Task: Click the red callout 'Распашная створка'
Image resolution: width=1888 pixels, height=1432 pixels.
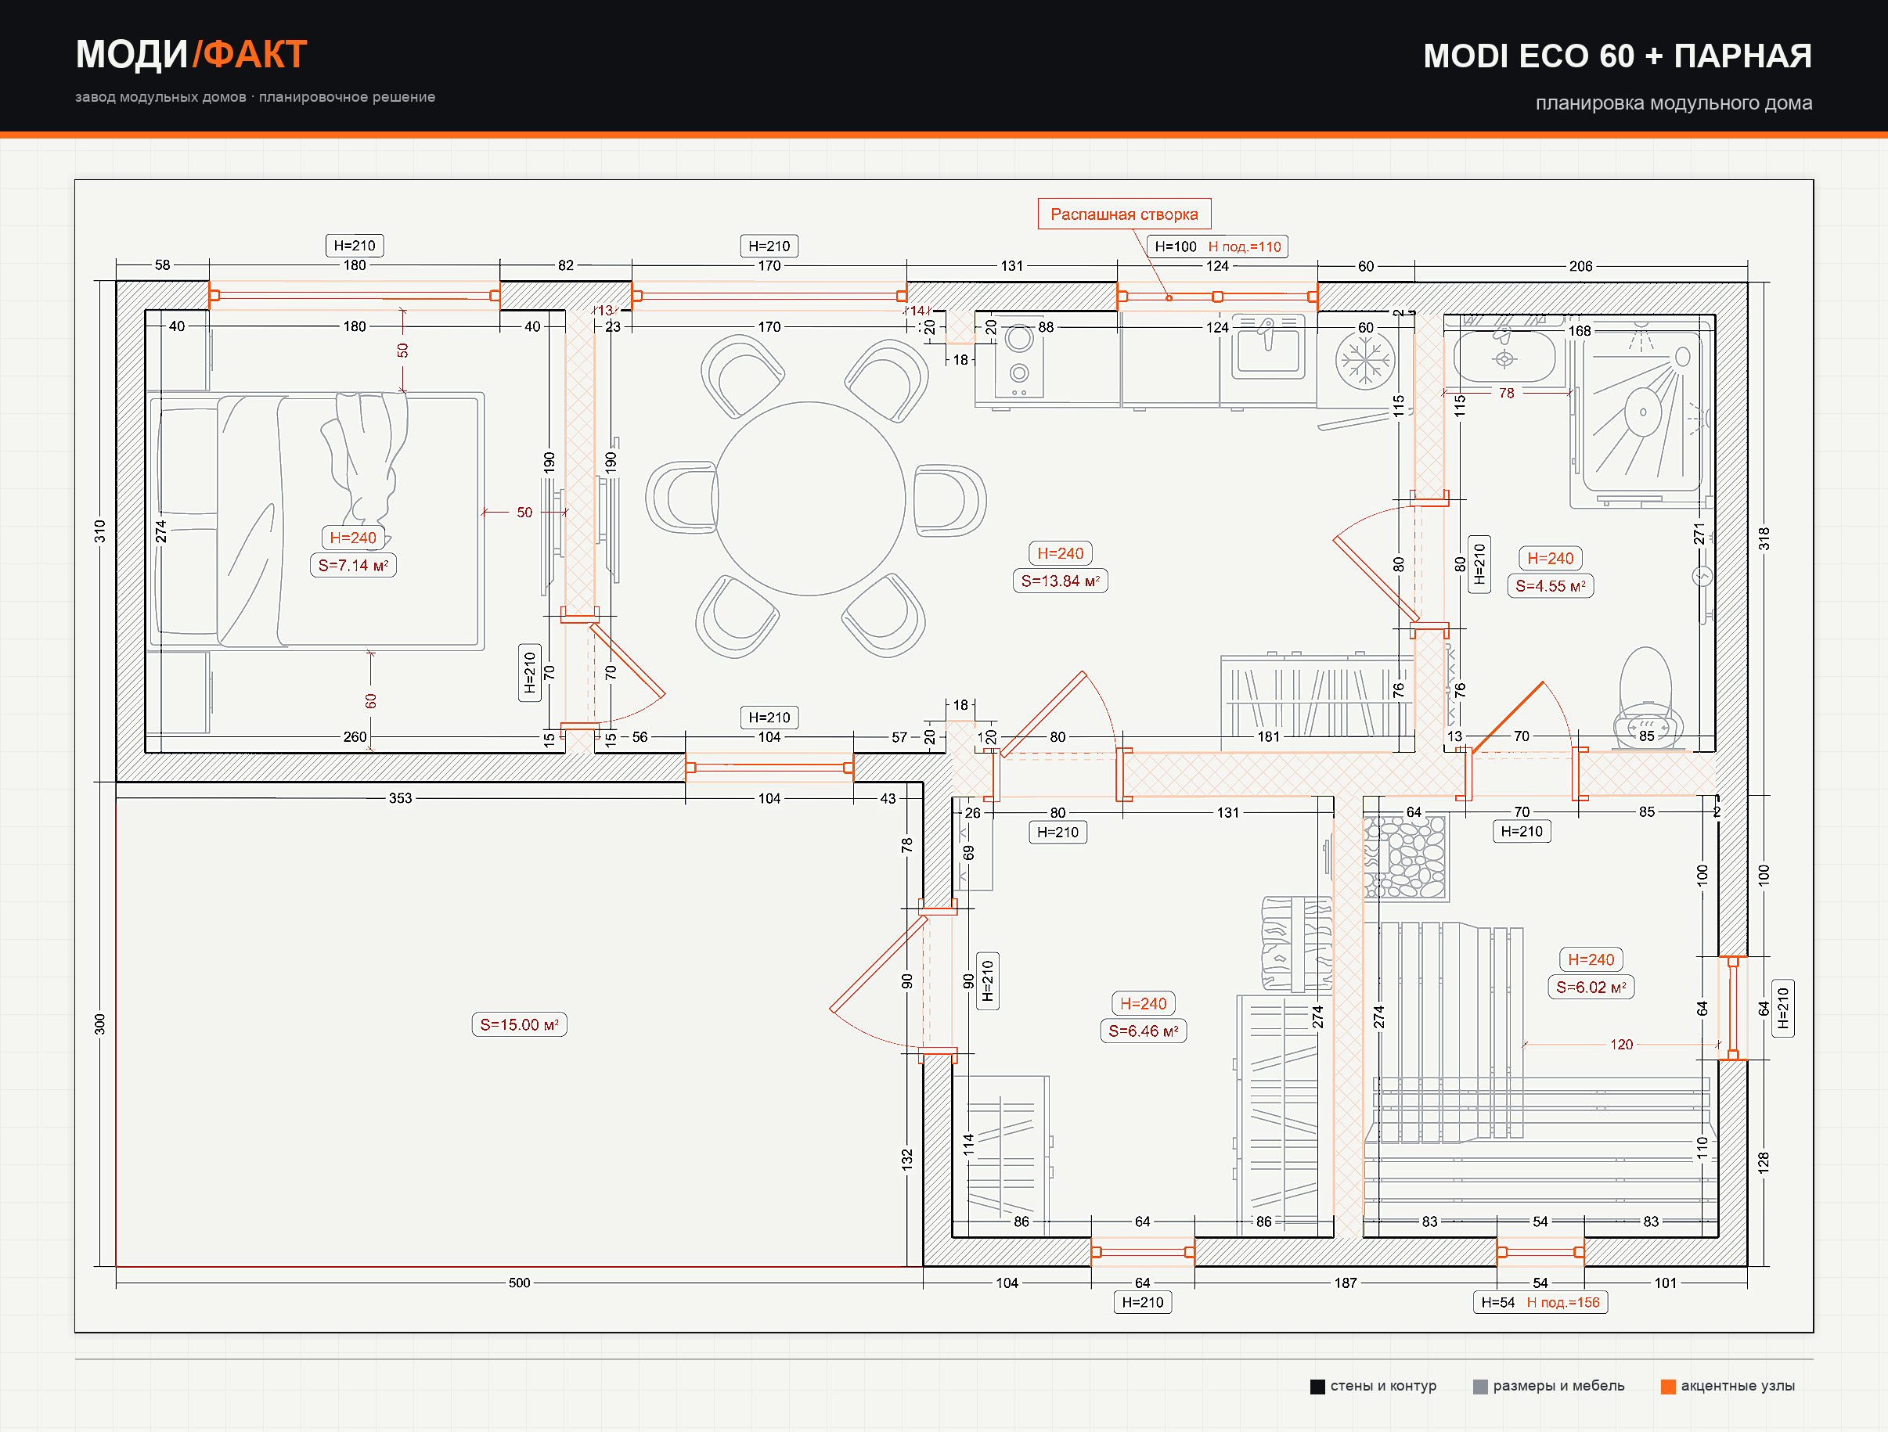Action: [1123, 214]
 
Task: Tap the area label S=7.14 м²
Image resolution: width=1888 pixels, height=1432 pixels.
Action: [352, 565]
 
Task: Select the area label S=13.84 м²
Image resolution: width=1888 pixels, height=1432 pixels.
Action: [1060, 581]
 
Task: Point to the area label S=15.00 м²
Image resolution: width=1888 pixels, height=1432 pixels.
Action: [519, 1024]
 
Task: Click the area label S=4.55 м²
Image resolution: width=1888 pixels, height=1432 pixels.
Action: [1550, 586]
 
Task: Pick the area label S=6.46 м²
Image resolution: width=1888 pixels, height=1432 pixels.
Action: [1143, 1031]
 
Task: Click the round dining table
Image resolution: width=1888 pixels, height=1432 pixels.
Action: [809, 498]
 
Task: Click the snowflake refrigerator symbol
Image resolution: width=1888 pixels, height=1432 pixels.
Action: [1365, 359]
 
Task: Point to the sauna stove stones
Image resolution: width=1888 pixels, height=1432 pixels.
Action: [1405, 857]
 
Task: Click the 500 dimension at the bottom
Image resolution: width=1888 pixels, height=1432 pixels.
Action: [519, 1283]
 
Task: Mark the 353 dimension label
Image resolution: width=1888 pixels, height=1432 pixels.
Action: [400, 798]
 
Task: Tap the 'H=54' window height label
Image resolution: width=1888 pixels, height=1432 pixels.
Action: [1498, 1302]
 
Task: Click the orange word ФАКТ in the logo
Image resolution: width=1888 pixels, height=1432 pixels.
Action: [255, 55]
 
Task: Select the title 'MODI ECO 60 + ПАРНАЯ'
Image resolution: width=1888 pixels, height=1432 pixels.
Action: [1617, 56]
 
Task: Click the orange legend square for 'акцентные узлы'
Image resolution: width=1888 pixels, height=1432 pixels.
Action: [1668, 1386]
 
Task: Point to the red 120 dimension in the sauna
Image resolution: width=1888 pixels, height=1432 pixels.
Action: [1621, 1045]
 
